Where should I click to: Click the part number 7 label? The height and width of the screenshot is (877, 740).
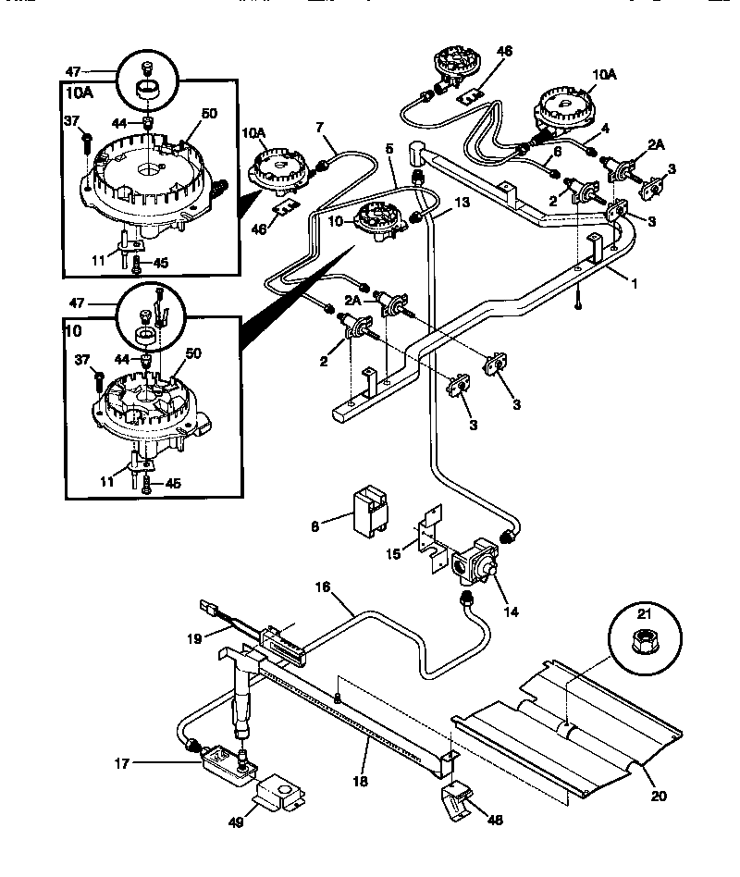coord(319,126)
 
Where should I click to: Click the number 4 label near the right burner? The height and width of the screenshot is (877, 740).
coord(605,129)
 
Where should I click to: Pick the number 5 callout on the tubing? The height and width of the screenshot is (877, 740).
coord(389,148)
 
